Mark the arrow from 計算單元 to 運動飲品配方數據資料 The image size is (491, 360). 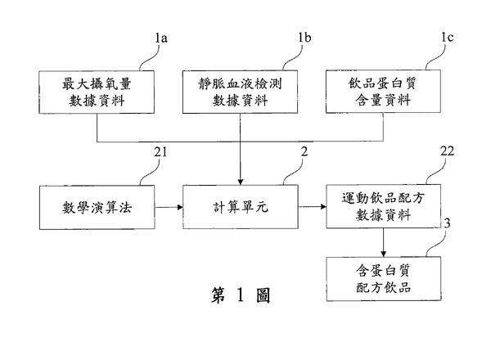click(311, 206)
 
